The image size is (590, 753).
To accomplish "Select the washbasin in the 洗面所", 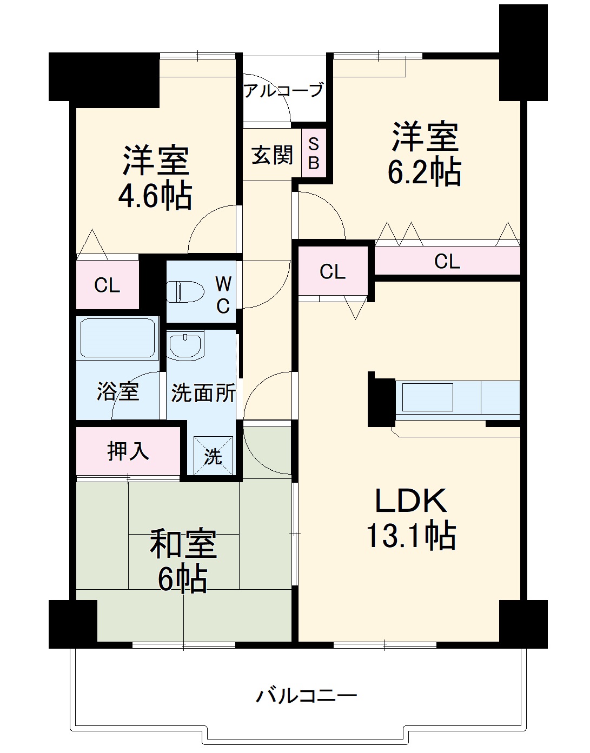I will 185,346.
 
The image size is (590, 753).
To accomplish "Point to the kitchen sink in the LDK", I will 427,397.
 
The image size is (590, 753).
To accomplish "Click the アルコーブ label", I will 283,90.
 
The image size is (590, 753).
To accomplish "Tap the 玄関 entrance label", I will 272,156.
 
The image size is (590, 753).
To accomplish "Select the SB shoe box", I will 314,153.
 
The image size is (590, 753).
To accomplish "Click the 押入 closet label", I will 128,450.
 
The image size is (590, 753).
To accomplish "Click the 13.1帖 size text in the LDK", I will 411,536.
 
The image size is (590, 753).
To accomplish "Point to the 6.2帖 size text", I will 424,173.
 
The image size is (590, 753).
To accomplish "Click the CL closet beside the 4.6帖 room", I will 107,285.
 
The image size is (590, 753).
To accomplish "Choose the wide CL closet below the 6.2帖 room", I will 447,262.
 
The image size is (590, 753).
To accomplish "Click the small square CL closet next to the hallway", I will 332,271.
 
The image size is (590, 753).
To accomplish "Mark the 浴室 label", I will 118,391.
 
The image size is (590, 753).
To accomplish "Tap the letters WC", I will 223,295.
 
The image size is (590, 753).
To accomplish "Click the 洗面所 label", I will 203,393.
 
